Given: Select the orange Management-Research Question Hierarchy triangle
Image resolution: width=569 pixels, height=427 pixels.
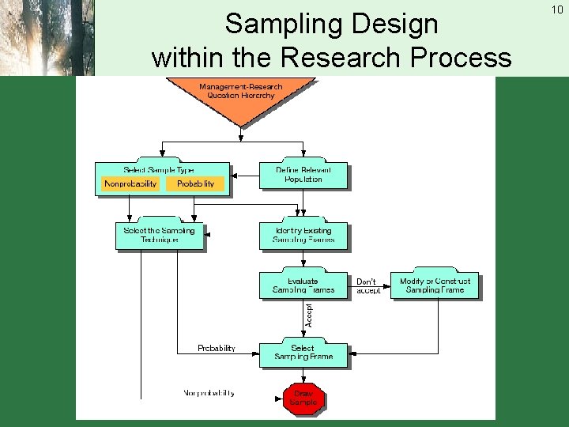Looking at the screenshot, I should tap(240, 99).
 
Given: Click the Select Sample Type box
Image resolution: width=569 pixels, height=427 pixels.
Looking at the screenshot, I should tap(162, 169).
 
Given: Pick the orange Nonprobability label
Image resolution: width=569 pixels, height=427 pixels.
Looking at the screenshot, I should tap(130, 183).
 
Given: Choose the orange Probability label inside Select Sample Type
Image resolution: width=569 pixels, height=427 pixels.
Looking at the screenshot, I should tap(195, 183).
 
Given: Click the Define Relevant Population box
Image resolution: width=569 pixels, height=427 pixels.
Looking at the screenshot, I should tap(303, 175).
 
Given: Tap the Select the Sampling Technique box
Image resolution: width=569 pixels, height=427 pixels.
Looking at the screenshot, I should tap(160, 235).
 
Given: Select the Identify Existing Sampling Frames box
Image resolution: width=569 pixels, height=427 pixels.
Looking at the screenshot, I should tap(303, 235).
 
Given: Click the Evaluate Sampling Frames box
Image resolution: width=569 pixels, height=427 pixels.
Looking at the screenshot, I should tap(303, 285).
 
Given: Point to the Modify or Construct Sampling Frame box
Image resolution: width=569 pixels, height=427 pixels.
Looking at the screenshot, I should tap(435, 285).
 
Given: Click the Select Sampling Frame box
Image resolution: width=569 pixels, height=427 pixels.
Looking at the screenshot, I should tap(303, 353).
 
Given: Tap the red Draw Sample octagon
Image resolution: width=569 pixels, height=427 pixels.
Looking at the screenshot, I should tap(303, 398).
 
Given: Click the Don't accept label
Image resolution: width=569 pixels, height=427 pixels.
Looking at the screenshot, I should tap(368, 285).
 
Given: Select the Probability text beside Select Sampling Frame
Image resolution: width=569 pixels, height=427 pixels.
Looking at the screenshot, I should tap(217, 348).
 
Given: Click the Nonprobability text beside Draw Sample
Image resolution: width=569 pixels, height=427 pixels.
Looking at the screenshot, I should tap(209, 393).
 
